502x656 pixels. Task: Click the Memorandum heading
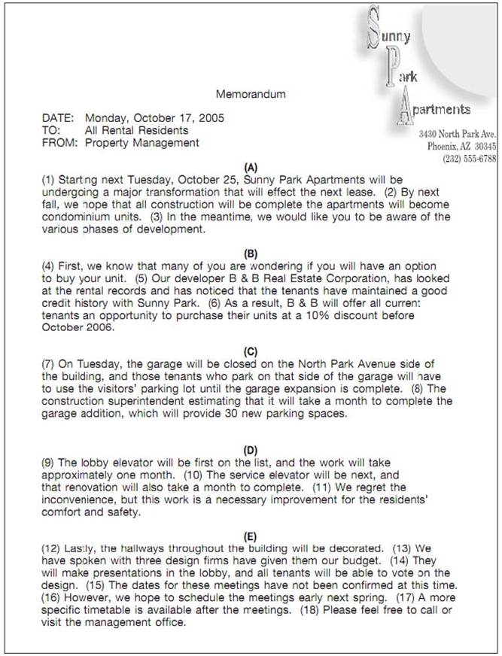pyautogui.click(x=251, y=95)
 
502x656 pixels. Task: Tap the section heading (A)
pyautogui.click(x=251, y=168)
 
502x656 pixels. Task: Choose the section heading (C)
pyautogui.click(x=251, y=351)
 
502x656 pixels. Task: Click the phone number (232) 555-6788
pyautogui.click(x=470, y=159)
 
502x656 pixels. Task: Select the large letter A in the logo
pyautogui.click(x=403, y=107)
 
